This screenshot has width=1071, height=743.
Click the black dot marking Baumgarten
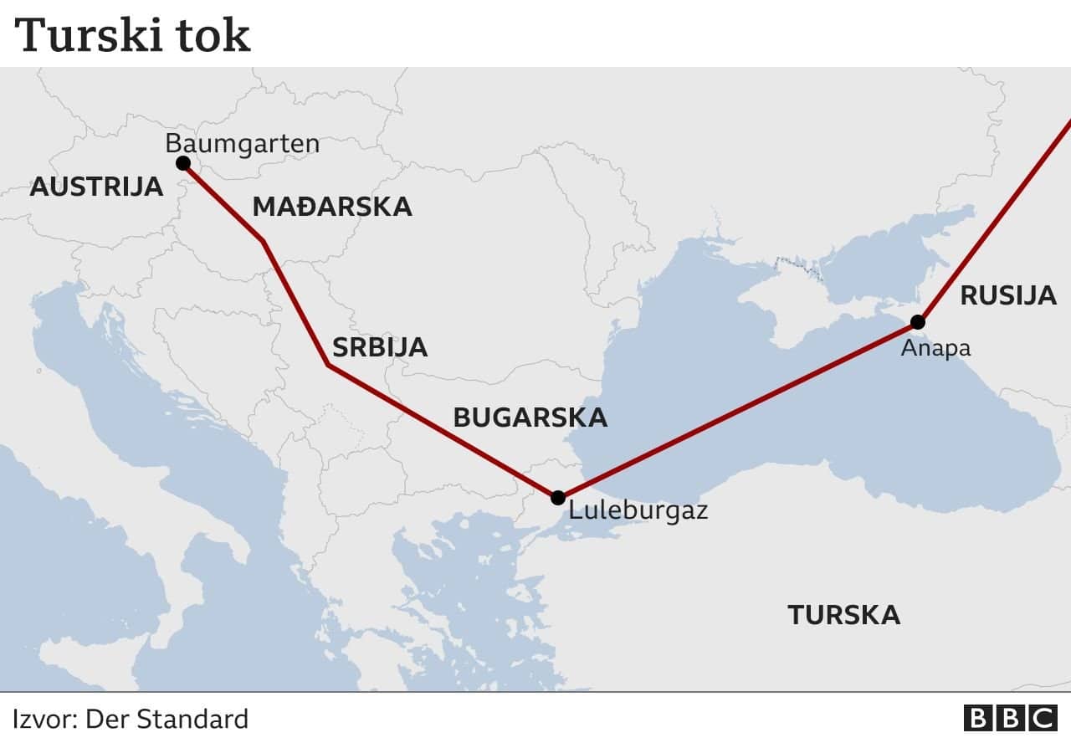[183, 163]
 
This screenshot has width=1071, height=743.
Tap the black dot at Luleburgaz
[558, 498]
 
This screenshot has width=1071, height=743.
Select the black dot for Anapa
[918, 322]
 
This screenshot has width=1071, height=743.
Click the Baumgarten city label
[242, 143]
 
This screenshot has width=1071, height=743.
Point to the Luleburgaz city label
[638, 510]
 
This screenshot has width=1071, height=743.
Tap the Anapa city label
[935, 348]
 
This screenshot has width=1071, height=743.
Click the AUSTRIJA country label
[96, 187]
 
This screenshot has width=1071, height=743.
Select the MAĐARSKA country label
[332, 207]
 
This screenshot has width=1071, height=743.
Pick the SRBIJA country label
[380, 347]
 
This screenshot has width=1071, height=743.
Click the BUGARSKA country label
[530, 418]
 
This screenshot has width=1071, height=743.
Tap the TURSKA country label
[843, 615]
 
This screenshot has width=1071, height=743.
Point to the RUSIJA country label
[1007, 295]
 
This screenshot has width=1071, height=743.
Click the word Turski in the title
[85, 36]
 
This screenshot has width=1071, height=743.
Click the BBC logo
[1010, 719]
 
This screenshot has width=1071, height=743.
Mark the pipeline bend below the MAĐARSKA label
[264, 242]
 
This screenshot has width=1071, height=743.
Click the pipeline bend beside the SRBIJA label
[328, 366]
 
